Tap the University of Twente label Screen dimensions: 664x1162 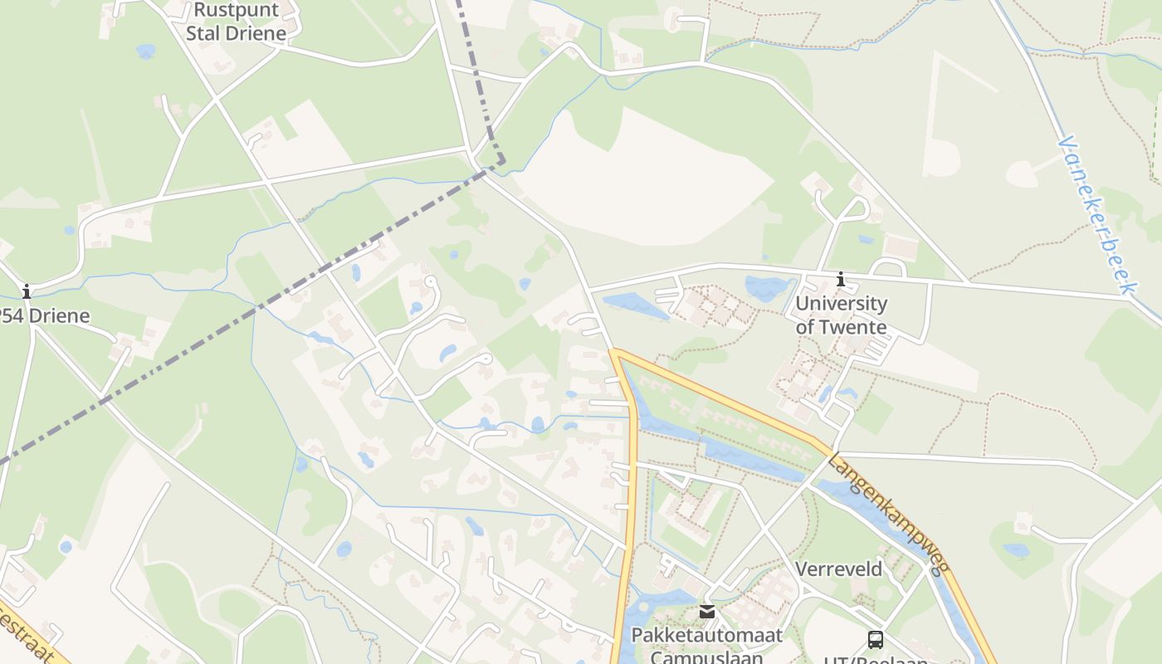[x=841, y=315]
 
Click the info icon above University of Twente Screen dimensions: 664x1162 [x=841, y=280]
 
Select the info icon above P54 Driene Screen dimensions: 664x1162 [x=27, y=291]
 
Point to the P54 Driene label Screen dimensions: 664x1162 [x=43, y=316]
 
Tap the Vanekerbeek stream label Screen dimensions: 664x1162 [x=1096, y=214]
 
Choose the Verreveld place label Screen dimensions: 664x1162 [x=838, y=569]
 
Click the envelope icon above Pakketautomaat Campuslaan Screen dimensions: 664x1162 [x=706, y=612]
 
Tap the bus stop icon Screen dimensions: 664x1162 [x=876, y=639]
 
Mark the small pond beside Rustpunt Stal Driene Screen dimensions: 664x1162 [x=146, y=51]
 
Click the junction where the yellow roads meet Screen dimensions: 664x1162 [x=615, y=353]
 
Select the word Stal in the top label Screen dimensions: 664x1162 [x=204, y=34]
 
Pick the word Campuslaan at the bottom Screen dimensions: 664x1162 [x=706, y=657]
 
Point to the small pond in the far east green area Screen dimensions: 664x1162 [x=1016, y=549]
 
